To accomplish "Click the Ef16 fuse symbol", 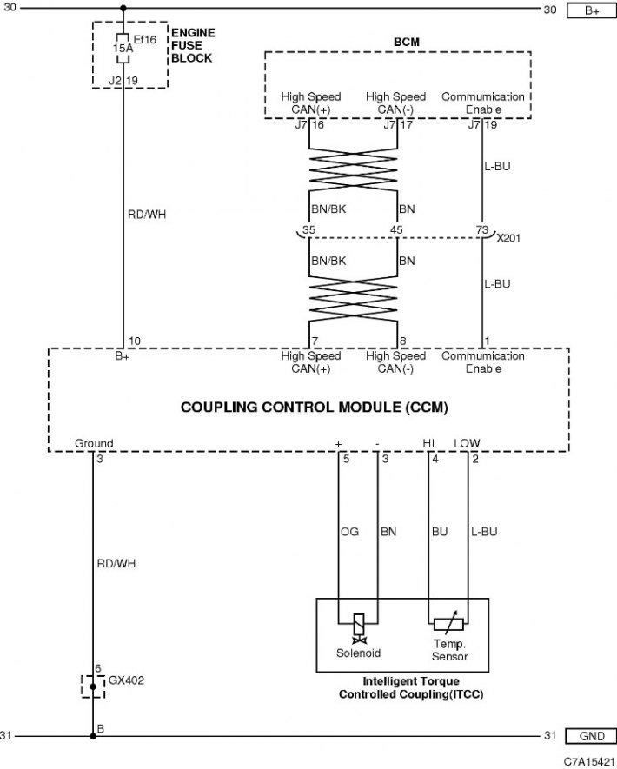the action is tap(123, 48).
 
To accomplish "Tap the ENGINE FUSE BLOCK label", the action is tap(193, 45).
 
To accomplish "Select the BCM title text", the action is tap(407, 43).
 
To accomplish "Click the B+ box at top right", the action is tap(592, 10).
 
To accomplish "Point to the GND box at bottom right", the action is tap(591, 736).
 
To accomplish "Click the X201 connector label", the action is tap(508, 238).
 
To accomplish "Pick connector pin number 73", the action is tap(482, 229).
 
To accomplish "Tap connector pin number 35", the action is tap(309, 229).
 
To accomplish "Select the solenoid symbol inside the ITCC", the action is tap(359, 628).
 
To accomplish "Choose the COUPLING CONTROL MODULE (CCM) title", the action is tap(315, 407).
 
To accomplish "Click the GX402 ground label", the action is tap(126, 680).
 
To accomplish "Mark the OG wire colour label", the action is tap(349, 531).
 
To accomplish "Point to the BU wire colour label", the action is tap(440, 531).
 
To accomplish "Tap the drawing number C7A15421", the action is tap(588, 761).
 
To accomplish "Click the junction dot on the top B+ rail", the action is tap(123, 9).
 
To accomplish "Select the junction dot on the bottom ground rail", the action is tap(93, 736).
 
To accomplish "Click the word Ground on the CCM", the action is tap(94, 443).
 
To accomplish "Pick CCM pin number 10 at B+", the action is tap(135, 341).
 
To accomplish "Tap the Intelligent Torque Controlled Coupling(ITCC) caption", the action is tap(411, 687).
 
